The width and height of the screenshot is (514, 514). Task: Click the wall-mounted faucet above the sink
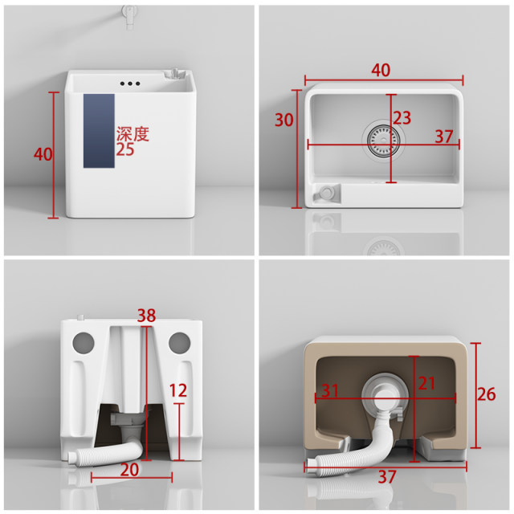click(128, 16)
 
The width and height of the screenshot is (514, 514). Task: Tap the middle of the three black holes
click(130, 84)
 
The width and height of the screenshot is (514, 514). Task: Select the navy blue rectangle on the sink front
click(99, 131)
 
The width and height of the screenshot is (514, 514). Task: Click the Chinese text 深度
click(133, 134)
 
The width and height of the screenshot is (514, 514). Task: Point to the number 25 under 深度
click(125, 149)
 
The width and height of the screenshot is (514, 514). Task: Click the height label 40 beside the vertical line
click(43, 154)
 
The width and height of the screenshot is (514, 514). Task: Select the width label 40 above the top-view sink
click(381, 70)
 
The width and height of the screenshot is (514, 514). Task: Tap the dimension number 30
click(284, 120)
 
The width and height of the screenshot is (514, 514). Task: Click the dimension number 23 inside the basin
click(402, 118)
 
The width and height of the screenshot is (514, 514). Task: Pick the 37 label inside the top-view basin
click(444, 137)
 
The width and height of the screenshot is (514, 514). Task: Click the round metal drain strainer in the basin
click(384, 141)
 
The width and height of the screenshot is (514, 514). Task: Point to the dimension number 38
click(146, 316)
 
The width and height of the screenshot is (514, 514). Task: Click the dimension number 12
click(178, 390)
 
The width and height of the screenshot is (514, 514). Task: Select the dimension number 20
click(129, 470)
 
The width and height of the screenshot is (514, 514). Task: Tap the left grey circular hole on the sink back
click(84, 343)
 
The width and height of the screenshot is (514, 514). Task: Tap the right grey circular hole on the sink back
click(179, 343)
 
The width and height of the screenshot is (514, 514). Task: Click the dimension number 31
click(330, 390)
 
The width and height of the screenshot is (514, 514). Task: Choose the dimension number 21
click(426, 383)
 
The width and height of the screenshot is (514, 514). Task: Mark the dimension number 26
click(486, 394)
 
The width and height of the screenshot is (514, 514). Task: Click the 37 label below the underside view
click(387, 477)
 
